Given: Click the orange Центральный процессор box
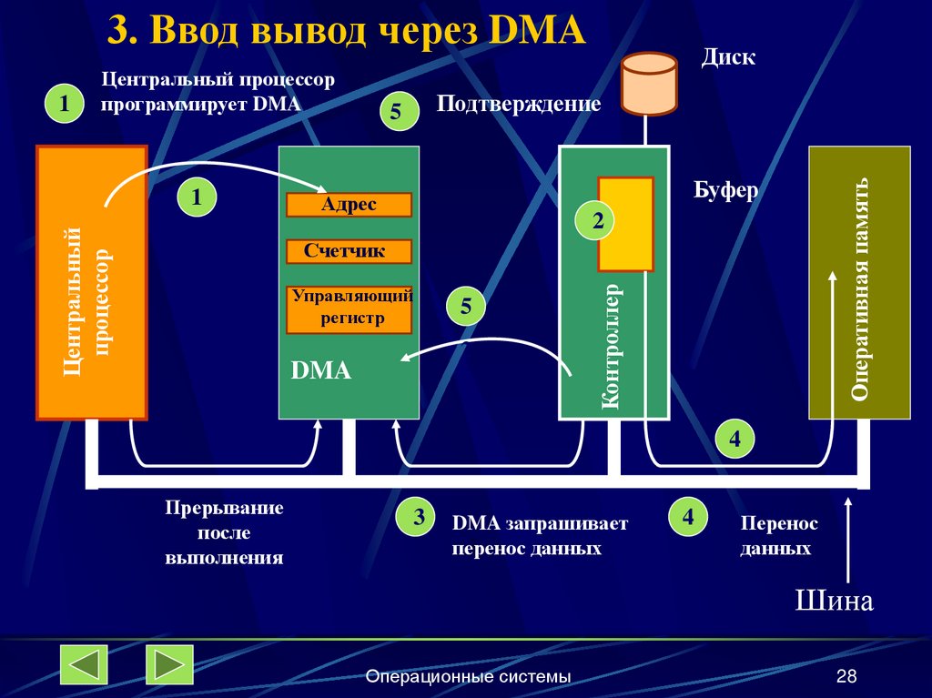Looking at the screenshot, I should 91,282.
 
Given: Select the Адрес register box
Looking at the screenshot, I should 349,205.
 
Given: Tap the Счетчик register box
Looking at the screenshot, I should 349,251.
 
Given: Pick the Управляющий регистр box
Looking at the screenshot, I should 349,309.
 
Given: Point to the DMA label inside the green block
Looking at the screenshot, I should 320,371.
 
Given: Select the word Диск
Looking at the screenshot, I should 728,57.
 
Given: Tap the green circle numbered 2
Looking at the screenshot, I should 597,220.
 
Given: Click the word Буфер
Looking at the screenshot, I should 725,192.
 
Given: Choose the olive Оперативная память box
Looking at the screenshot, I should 859,282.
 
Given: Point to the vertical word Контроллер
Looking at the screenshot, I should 611,346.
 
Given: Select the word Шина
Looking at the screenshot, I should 834,602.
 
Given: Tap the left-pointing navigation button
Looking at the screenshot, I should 84,664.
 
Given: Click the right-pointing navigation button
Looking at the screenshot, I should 169,664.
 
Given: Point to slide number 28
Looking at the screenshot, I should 846,676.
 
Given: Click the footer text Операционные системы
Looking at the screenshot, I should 469,676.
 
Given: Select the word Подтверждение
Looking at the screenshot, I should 518,104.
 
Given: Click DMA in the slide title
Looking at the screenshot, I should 536,31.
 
